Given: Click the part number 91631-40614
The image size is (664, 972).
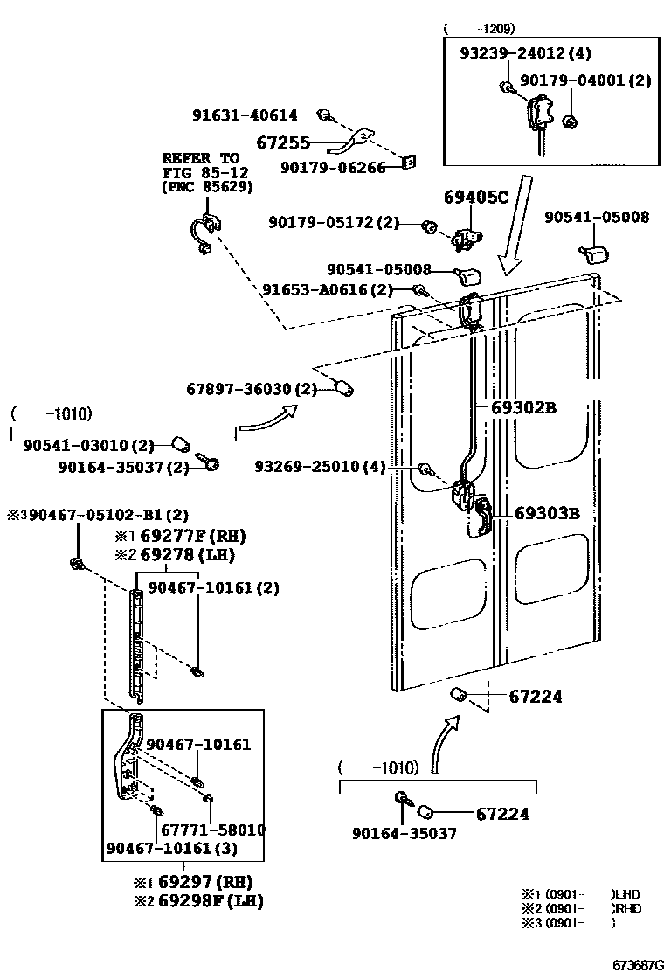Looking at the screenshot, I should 246,115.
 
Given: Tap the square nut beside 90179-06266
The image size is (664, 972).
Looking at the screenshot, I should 409,162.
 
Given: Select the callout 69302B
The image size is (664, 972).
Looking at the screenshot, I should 523,407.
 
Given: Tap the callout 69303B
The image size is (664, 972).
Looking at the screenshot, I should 547,513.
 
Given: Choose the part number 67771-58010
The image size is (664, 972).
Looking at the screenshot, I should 213,830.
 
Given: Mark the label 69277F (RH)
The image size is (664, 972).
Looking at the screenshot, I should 184,537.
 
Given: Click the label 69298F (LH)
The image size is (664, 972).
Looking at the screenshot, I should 211,900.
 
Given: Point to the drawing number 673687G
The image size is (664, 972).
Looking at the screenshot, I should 636,965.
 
